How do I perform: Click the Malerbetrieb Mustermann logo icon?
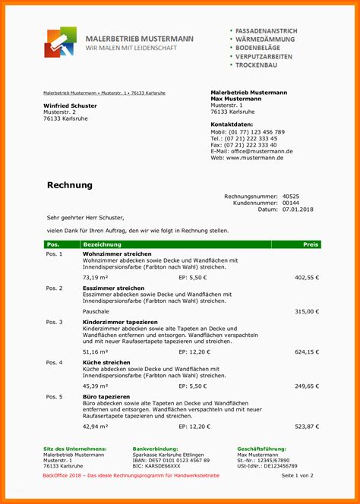pyautogui.click(x=60, y=43)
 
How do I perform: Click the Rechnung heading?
pyautogui.click(x=70, y=185)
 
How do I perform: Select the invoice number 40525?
pyautogui.click(x=290, y=197)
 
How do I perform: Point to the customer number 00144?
pyautogui.click(x=290, y=203)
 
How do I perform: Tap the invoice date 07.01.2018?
pyautogui.click(x=297, y=209)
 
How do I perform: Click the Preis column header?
pyautogui.click(x=311, y=244)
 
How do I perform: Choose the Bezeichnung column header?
pyautogui.click(x=102, y=244)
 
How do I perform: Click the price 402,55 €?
pyautogui.click(x=307, y=278)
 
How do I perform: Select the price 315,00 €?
pyautogui.click(x=307, y=311)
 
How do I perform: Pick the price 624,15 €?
pyautogui.click(x=307, y=352)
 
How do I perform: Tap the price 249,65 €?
pyautogui.click(x=307, y=386)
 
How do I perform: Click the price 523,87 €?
pyautogui.click(x=307, y=427)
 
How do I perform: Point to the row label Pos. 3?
pyautogui.click(x=55, y=323)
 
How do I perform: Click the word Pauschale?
pyautogui.click(x=96, y=311)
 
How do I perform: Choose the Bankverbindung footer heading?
pyautogui.click(x=155, y=449)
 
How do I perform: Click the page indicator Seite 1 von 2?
pyautogui.click(x=297, y=475)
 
